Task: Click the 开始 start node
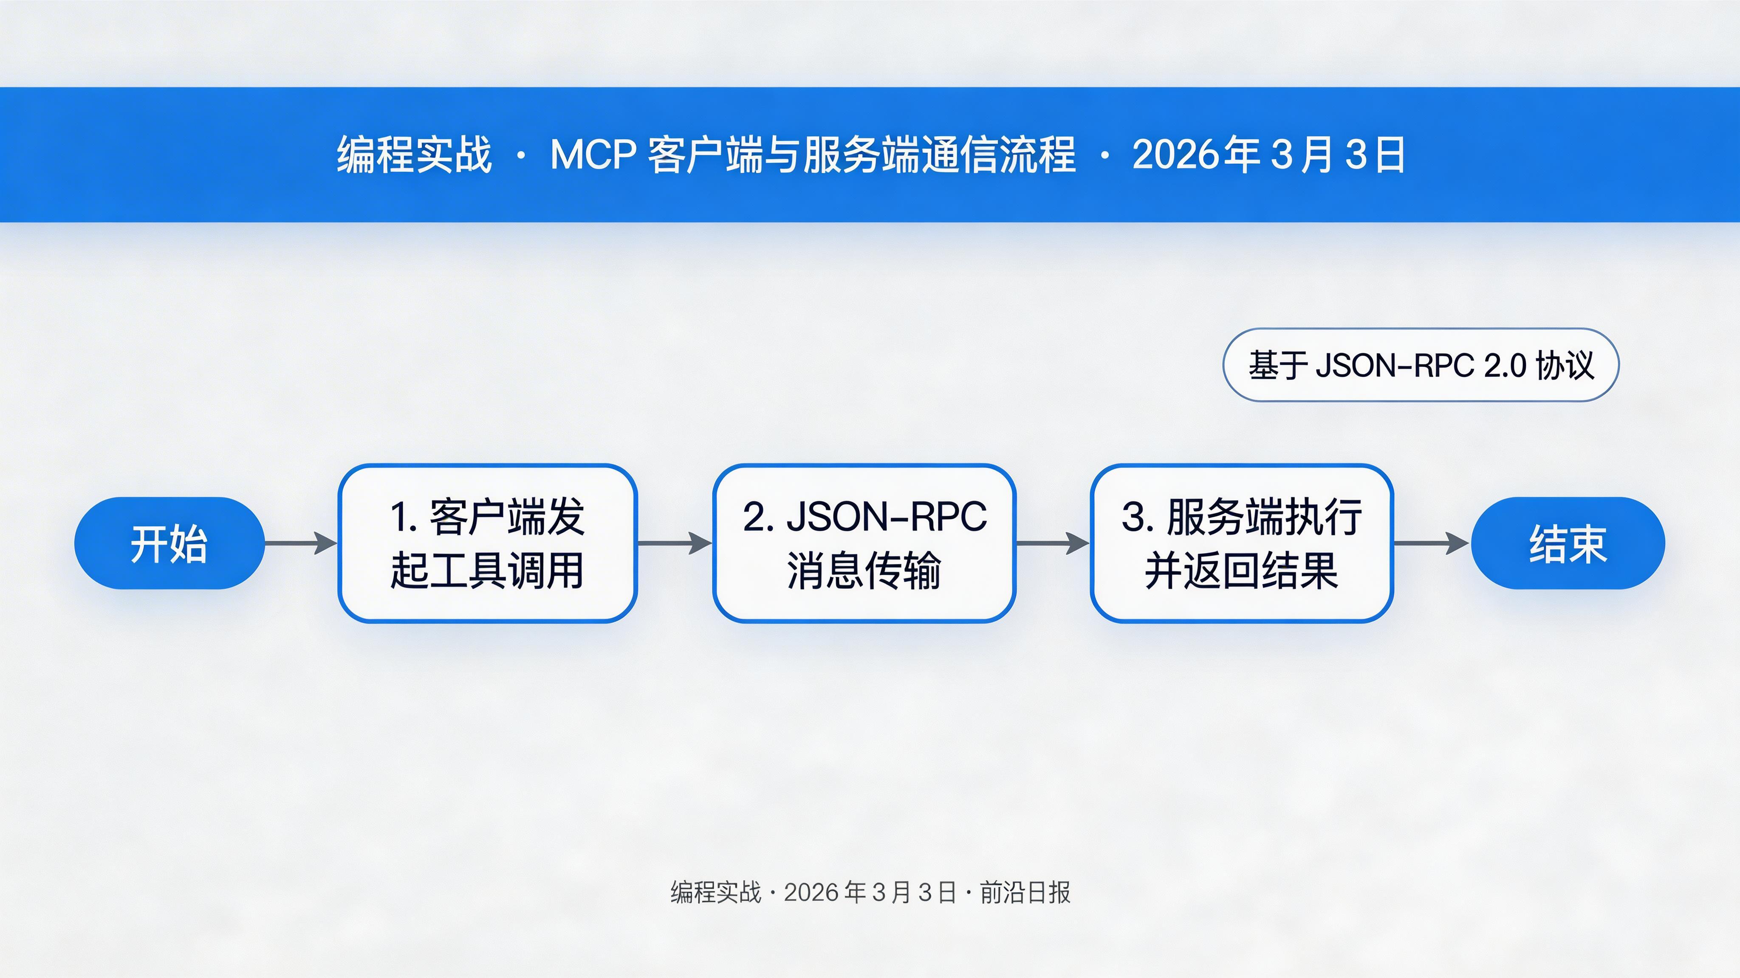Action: point(169,543)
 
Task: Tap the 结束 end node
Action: point(1568,543)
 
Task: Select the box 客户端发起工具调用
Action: point(487,543)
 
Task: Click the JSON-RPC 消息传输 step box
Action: point(864,543)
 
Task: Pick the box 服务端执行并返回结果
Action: point(1242,543)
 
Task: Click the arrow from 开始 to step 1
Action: point(301,542)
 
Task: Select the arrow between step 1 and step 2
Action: point(674,542)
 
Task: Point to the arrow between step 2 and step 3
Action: point(1052,542)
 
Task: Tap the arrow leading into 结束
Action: point(1431,542)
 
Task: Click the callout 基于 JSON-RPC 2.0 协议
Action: point(1421,365)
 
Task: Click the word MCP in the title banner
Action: point(592,155)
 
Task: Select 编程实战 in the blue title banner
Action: point(414,155)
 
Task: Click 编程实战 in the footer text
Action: point(715,892)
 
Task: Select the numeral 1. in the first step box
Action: point(404,518)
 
